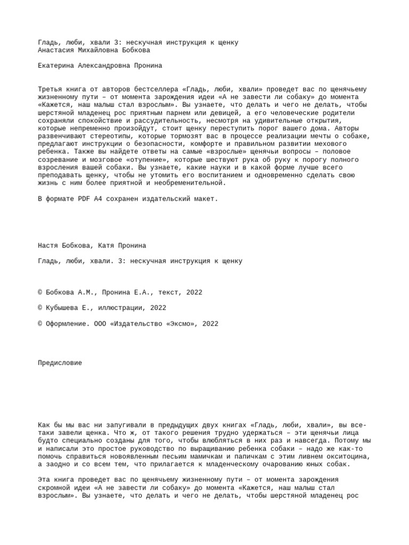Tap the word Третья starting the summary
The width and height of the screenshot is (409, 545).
pyautogui.click(x=50, y=89)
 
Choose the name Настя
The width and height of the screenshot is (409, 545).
pyautogui.click(x=48, y=245)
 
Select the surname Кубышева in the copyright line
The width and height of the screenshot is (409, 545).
pyautogui.click(x=64, y=308)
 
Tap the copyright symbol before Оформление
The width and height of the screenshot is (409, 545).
pyautogui.click(x=40, y=324)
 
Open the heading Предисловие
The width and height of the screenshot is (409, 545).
pyautogui.click(x=60, y=363)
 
